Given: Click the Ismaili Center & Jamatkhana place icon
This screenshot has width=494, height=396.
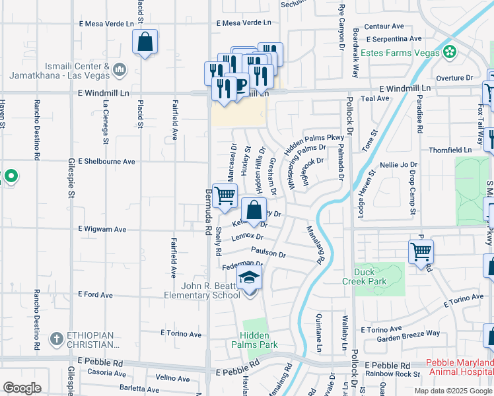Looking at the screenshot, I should click(120, 69).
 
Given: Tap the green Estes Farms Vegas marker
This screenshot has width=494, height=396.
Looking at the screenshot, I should click(450, 51).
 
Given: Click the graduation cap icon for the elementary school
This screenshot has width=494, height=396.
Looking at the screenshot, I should click(249, 278).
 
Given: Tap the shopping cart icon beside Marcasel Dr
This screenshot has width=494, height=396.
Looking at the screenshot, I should click(225, 195).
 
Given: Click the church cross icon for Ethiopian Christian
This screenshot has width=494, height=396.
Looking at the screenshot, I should click(57, 339).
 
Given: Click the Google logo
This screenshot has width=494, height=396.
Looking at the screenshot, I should click(21, 387).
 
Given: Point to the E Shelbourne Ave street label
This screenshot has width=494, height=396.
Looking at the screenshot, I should click(106, 161).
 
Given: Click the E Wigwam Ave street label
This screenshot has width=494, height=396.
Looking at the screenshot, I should click(102, 229).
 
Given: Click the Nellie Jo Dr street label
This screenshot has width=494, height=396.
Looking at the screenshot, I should click(399, 164).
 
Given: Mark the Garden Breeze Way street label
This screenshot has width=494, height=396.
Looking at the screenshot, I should click(408, 333).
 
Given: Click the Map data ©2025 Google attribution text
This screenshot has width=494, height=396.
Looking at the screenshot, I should click(452, 390).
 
